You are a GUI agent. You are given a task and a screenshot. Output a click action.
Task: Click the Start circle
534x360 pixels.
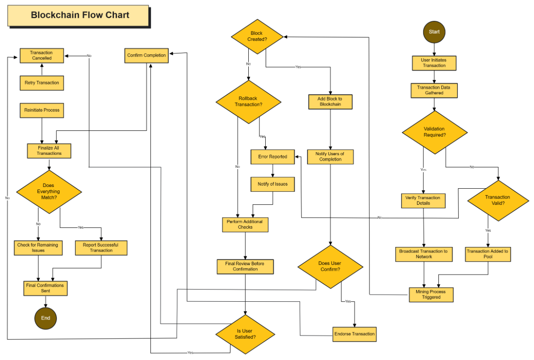434,32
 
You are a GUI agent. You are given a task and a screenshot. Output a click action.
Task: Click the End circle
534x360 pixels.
45,318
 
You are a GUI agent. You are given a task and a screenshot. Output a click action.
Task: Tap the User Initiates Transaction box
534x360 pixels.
434,63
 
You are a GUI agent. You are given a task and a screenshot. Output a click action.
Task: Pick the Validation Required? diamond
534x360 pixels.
434,132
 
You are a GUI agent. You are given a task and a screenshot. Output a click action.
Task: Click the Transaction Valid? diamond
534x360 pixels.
498,200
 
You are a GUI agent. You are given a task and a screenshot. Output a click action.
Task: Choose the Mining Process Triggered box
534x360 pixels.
431,294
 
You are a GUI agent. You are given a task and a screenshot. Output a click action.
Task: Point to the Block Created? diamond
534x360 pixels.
257,36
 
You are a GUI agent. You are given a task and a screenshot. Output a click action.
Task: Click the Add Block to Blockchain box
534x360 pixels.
330,101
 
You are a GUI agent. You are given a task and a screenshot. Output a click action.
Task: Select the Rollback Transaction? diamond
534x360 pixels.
248,101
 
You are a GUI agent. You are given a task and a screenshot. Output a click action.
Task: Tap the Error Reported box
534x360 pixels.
272,157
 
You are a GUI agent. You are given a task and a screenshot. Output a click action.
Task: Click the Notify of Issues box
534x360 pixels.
272,184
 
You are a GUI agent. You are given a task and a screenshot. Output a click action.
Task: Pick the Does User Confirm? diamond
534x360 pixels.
330,266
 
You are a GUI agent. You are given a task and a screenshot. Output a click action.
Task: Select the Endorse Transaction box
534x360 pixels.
355,334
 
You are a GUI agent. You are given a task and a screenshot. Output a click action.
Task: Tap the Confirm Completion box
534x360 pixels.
146,55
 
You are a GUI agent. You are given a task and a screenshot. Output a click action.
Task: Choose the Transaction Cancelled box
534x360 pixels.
41,55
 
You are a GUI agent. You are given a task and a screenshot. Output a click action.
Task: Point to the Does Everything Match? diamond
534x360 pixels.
49,191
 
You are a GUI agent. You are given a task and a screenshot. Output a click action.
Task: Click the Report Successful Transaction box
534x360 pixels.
101,248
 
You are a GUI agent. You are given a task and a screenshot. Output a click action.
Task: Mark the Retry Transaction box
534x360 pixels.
42,83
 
